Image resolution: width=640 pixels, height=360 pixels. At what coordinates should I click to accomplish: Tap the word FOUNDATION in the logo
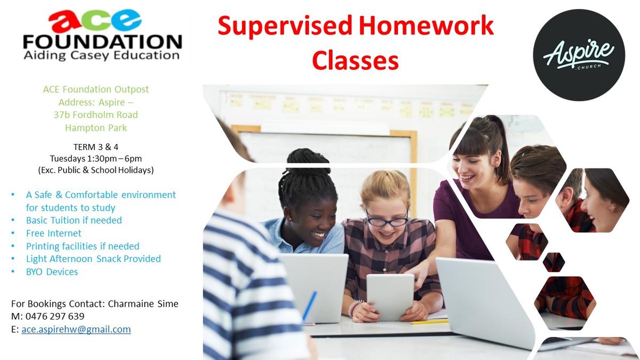102,42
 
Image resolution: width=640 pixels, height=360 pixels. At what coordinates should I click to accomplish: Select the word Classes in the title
355,60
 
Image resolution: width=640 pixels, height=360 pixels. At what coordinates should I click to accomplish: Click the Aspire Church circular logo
579,55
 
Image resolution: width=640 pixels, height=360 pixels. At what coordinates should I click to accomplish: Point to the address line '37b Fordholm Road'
95,115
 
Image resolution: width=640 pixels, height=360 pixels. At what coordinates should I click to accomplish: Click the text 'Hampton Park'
95,127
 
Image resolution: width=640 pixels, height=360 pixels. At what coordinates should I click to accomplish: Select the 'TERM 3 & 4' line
95,147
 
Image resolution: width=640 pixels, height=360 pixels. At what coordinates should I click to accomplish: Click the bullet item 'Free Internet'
54,233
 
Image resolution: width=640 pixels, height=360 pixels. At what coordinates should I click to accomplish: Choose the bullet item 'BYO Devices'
52,271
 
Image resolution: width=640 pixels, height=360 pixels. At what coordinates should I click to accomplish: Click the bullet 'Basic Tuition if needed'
74,220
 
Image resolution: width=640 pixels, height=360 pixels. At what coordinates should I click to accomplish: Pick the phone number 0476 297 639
55,316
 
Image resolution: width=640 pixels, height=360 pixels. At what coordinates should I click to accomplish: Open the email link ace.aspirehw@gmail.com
76,330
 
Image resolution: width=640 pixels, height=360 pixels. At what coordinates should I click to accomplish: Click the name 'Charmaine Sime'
143,303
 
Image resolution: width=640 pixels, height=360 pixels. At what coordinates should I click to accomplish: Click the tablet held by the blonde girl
390,297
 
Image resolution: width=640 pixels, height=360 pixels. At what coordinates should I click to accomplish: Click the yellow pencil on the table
429,322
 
